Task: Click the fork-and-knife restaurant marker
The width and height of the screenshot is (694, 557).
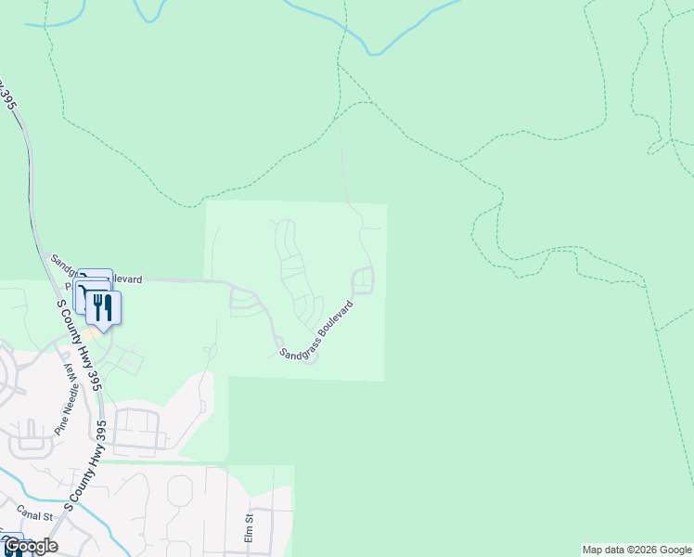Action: [x=103, y=307]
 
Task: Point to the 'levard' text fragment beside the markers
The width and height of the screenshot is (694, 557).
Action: [x=128, y=278]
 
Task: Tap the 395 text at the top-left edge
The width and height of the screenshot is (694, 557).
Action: [x=9, y=93]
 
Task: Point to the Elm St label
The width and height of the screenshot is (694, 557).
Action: [x=249, y=529]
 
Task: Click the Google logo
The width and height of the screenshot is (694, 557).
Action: [x=30, y=546]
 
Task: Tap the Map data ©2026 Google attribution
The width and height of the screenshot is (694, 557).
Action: [x=636, y=550]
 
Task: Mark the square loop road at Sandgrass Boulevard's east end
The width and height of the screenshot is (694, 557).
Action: [x=362, y=279]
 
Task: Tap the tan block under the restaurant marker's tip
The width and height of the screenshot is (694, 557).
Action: [x=90, y=332]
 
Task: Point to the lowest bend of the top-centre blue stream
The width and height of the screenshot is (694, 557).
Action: [x=374, y=53]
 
